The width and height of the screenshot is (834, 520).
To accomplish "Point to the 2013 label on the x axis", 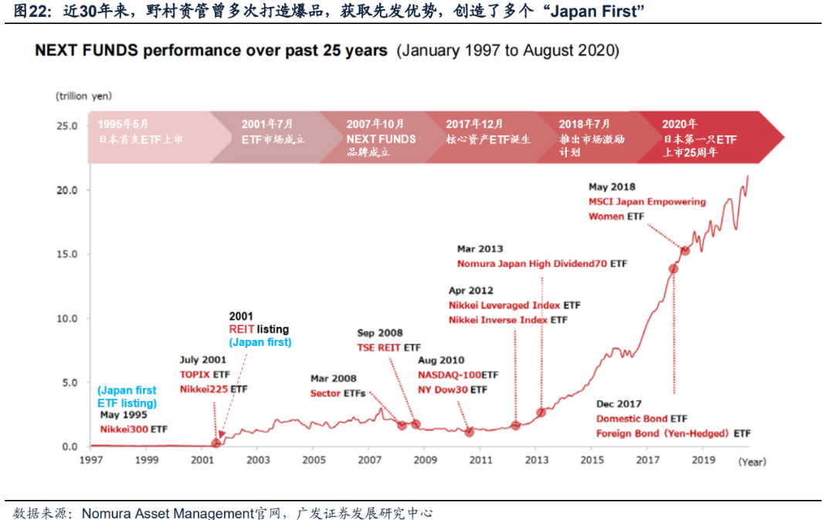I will (537, 461).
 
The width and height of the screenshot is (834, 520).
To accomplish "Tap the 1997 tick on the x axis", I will (90, 461).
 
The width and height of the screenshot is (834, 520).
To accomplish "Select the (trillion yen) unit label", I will (83, 96).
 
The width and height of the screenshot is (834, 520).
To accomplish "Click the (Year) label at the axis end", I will (751, 461).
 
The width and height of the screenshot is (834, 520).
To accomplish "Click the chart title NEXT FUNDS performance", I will (211, 51).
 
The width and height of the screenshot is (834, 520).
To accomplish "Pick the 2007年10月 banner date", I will (375, 124).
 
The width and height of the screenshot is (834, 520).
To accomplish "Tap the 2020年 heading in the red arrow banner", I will (680, 124).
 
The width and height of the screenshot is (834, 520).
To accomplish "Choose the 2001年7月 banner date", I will (267, 124).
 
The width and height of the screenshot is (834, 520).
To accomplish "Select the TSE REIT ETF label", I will (389, 348).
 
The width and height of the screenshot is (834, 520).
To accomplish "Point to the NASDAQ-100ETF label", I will (458, 375).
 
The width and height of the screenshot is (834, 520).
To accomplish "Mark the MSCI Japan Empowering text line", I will (647, 202).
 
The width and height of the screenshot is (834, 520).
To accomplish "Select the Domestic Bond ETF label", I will (642, 419).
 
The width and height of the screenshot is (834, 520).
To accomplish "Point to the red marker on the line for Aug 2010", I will (469, 432).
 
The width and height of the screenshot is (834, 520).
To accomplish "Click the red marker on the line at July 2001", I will (216, 443).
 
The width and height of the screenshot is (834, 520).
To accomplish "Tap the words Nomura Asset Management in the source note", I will (168, 512).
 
